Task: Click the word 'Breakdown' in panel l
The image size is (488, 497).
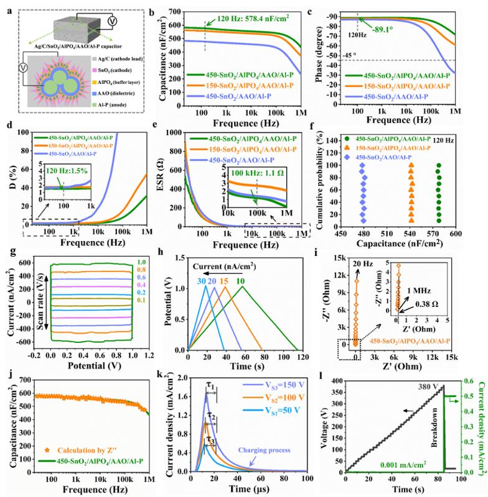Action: [436, 456]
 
